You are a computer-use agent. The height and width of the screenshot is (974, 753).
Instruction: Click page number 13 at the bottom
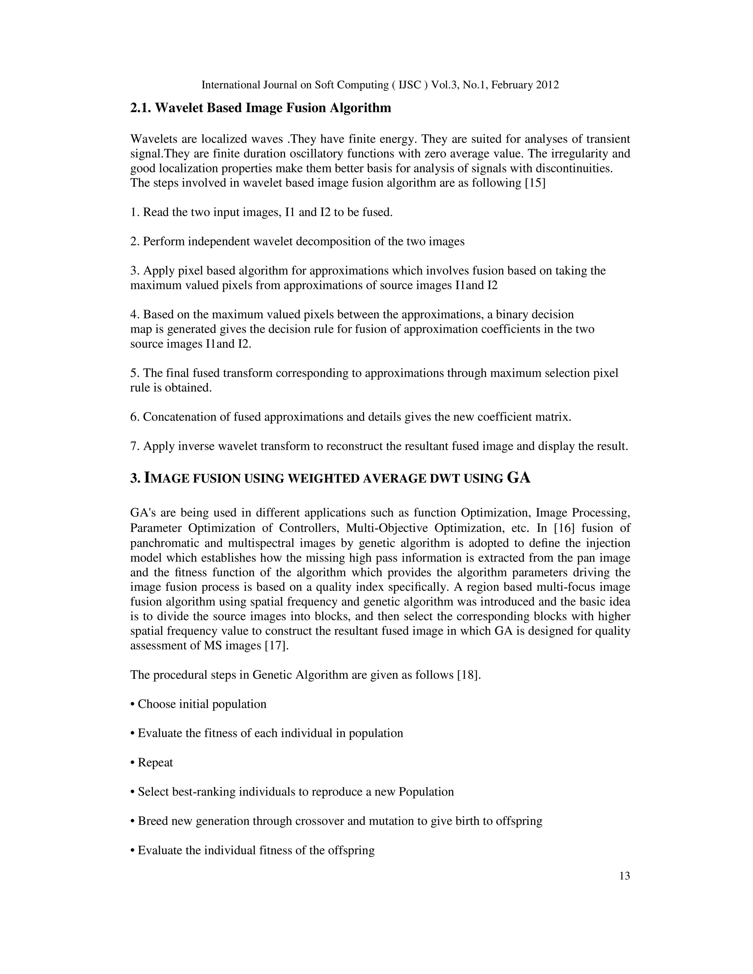coord(625,876)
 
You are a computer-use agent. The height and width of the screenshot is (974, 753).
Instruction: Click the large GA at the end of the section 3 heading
coord(519,478)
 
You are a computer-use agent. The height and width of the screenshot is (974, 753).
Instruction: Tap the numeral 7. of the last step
coord(134,447)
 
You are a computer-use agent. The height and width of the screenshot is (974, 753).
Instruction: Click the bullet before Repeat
coord(132,763)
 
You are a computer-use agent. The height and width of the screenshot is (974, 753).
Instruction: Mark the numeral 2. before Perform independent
coord(134,242)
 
